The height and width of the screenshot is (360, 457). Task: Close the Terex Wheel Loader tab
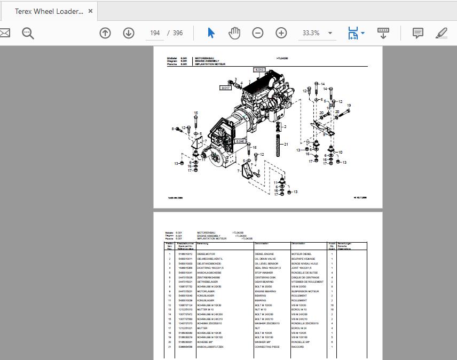pyautogui.click(x=91, y=11)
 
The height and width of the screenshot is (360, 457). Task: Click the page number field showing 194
pyautogui.click(x=155, y=33)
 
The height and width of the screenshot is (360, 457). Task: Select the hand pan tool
pyautogui.click(x=234, y=33)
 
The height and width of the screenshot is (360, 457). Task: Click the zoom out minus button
pyautogui.click(x=258, y=33)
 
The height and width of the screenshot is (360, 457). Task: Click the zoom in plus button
pyautogui.click(x=281, y=33)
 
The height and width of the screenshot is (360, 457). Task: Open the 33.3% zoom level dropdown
pyautogui.click(x=330, y=33)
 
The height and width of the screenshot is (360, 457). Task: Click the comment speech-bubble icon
pyautogui.click(x=418, y=33)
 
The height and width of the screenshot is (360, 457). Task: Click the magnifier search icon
pyautogui.click(x=28, y=33)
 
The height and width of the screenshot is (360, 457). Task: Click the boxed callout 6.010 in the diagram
pyautogui.click(x=259, y=70)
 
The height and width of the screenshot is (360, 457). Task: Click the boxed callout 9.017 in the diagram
pyautogui.click(x=226, y=87)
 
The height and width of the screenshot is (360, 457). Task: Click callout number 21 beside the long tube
pyautogui.click(x=286, y=144)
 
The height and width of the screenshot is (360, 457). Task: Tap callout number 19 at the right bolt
pyautogui.click(x=349, y=106)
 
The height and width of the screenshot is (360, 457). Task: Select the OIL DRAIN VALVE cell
pyautogui.click(x=266, y=259)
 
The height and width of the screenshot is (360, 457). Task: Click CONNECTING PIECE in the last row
pyautogui.click(x=267, y=347)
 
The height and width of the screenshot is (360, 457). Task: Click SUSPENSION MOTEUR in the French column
pyautogui.click(x=305, y=292)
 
